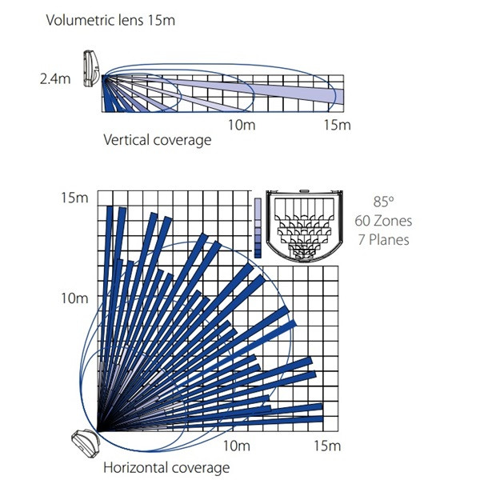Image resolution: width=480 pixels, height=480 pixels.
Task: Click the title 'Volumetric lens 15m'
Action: pos(110,21)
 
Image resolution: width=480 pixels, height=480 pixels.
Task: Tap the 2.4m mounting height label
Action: pos(55,79)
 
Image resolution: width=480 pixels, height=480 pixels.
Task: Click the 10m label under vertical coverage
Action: pos(242,125)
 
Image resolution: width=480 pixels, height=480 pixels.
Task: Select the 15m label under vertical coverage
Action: pos(338,125)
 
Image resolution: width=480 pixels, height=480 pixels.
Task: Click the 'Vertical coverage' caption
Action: pos(158,140)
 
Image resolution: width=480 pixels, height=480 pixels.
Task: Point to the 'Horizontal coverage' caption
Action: pos(166,468)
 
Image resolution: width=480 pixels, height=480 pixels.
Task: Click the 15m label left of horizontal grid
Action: pos(74,198)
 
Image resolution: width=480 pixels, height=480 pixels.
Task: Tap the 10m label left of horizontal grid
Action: pos(74,298)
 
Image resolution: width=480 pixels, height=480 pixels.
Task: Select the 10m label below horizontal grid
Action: pos(236,446)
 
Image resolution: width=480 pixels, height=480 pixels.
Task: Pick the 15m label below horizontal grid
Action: pos(327,446)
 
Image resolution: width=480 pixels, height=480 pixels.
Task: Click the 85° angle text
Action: pos(383,202)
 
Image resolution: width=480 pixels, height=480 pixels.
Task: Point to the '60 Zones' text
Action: pos(383,221)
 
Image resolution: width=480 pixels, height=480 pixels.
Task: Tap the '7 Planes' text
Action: pos(383,240)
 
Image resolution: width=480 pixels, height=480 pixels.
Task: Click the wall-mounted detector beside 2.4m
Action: pos(91,69)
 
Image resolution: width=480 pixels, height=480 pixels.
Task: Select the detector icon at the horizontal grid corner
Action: pos(86,442)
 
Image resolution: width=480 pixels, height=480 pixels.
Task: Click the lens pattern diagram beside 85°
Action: pos(304,226)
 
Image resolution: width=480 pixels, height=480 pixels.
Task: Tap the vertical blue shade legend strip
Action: pos(258,228)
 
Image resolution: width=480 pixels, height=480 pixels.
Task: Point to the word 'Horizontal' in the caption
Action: pos(136,468)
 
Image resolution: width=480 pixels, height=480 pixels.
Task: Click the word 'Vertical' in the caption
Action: pos(126,140)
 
